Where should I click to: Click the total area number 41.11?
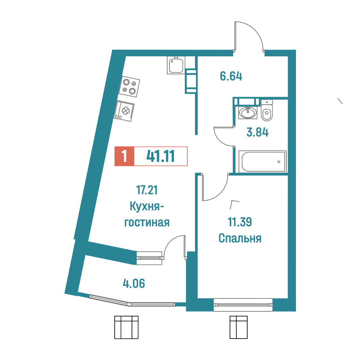tap(160, 156)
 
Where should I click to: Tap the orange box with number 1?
tap(124, 156)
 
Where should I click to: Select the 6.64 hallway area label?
tap(231, 76)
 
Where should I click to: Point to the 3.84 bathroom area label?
tap(258, 132)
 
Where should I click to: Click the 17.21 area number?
tap(147, 190)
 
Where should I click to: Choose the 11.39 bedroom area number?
tap(240, 222)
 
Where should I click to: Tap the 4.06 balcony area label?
tap(134, 283)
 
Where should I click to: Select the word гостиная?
tap(147, 223)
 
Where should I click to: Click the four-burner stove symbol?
tap(129, 86)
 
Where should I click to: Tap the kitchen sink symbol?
tap(176, 65)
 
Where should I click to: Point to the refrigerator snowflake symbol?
tap(126, 111)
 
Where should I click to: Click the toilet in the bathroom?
tap(267, 110)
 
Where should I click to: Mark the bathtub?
tap(262, 161)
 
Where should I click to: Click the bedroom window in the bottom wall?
tap(243, 305)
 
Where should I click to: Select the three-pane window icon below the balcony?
tap(126, 327)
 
